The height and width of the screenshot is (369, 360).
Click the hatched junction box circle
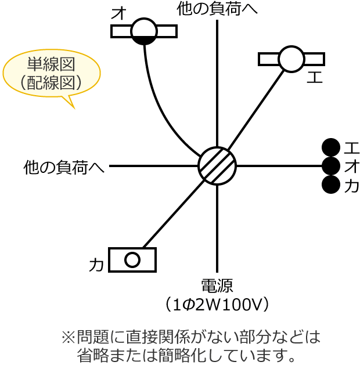tap(217, 166)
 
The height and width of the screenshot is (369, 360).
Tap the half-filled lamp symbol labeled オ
tap(144, 31)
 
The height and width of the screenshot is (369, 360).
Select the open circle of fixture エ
tap(291, 59)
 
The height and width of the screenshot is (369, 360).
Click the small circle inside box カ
tap(132, 260)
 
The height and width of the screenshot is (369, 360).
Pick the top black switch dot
tap(330, 147)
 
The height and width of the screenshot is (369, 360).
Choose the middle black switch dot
tap(330, 166)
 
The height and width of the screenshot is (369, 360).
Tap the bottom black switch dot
tap(330, 184)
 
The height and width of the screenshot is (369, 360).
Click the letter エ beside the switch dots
tap(351, 147)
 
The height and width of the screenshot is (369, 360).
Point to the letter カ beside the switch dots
tap(351, 186)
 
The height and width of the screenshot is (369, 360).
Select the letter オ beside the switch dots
tap(351, 167)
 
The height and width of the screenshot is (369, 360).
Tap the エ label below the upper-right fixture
tap(314, 77)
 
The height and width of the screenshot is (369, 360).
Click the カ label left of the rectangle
tap(96, 265)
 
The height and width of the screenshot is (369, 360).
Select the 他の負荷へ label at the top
tap(217, 9)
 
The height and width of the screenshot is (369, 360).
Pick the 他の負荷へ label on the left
tap(64, 167)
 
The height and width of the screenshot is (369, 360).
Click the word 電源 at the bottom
tap(217, 285)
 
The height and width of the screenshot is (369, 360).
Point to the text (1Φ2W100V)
tap(217, 303)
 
